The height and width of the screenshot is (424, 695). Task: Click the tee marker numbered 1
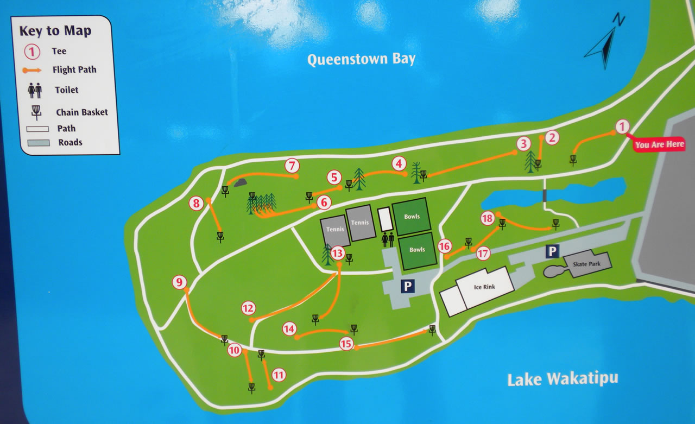622,127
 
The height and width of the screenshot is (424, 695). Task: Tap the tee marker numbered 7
292,165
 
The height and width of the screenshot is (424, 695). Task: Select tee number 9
180,282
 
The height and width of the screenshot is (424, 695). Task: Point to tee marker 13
338,252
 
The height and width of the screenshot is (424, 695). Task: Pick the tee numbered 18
488,218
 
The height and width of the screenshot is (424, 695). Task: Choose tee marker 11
279,375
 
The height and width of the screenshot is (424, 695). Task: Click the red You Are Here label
659,144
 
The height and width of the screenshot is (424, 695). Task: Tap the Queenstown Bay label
361,59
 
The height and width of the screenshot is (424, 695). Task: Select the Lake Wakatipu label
563,378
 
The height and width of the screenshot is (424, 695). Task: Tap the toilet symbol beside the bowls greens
388,239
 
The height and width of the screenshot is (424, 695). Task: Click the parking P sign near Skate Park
552,251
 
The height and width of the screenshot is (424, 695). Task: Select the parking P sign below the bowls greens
408,286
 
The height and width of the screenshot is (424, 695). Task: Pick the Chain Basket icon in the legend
36,112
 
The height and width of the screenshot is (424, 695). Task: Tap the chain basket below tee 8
220,237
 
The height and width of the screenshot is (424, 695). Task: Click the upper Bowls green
412,216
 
